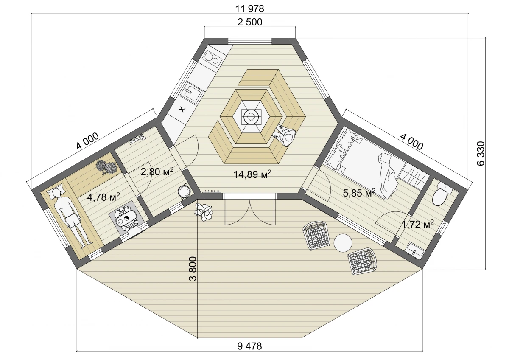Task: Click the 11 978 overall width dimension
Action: point(249,9)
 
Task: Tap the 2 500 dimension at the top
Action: point(250,22)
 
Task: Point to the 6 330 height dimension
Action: point(481,153)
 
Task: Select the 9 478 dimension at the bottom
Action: point(249,346)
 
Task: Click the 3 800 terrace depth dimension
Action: point(193,269)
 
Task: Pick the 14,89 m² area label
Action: point(252,174)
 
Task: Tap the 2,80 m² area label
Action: point(157,171)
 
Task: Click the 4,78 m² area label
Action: point(103,197)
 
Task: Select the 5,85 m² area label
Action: point(359,193)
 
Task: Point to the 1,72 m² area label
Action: point(418,224)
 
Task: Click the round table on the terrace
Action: point(343,243)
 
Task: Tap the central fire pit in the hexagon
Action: point(251,116)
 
